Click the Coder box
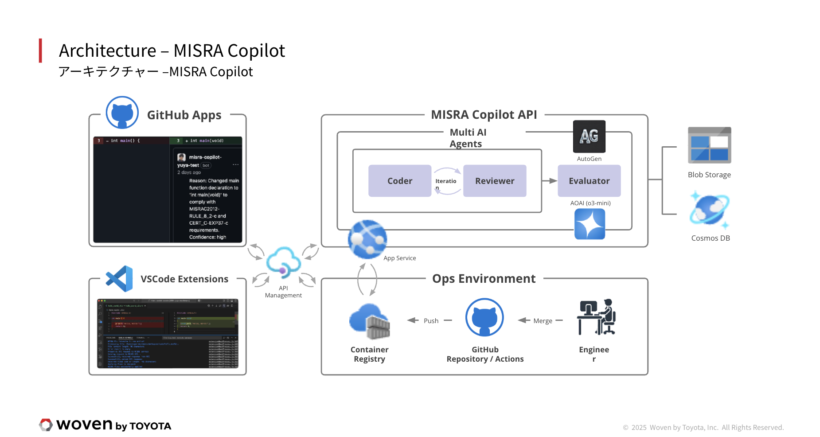pos(399,181)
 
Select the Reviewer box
pos(495,181)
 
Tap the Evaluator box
pos(589,181)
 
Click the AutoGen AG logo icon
pos(589,137)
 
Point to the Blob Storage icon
pos(709,145)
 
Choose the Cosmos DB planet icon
pos(709,210)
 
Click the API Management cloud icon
pos(284,262)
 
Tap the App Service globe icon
pos(367,239)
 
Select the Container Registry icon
pos(370,321)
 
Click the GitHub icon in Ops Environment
pos(484,317)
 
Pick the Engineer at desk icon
pos(597,317)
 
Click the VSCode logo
pos(120,279)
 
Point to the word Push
pos(431,321)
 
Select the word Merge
pos(543,321)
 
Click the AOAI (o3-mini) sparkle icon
pos(590,224)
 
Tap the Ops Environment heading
pos(484,279)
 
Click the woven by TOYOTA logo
pos(105,425)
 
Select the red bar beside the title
pos(40,51)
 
